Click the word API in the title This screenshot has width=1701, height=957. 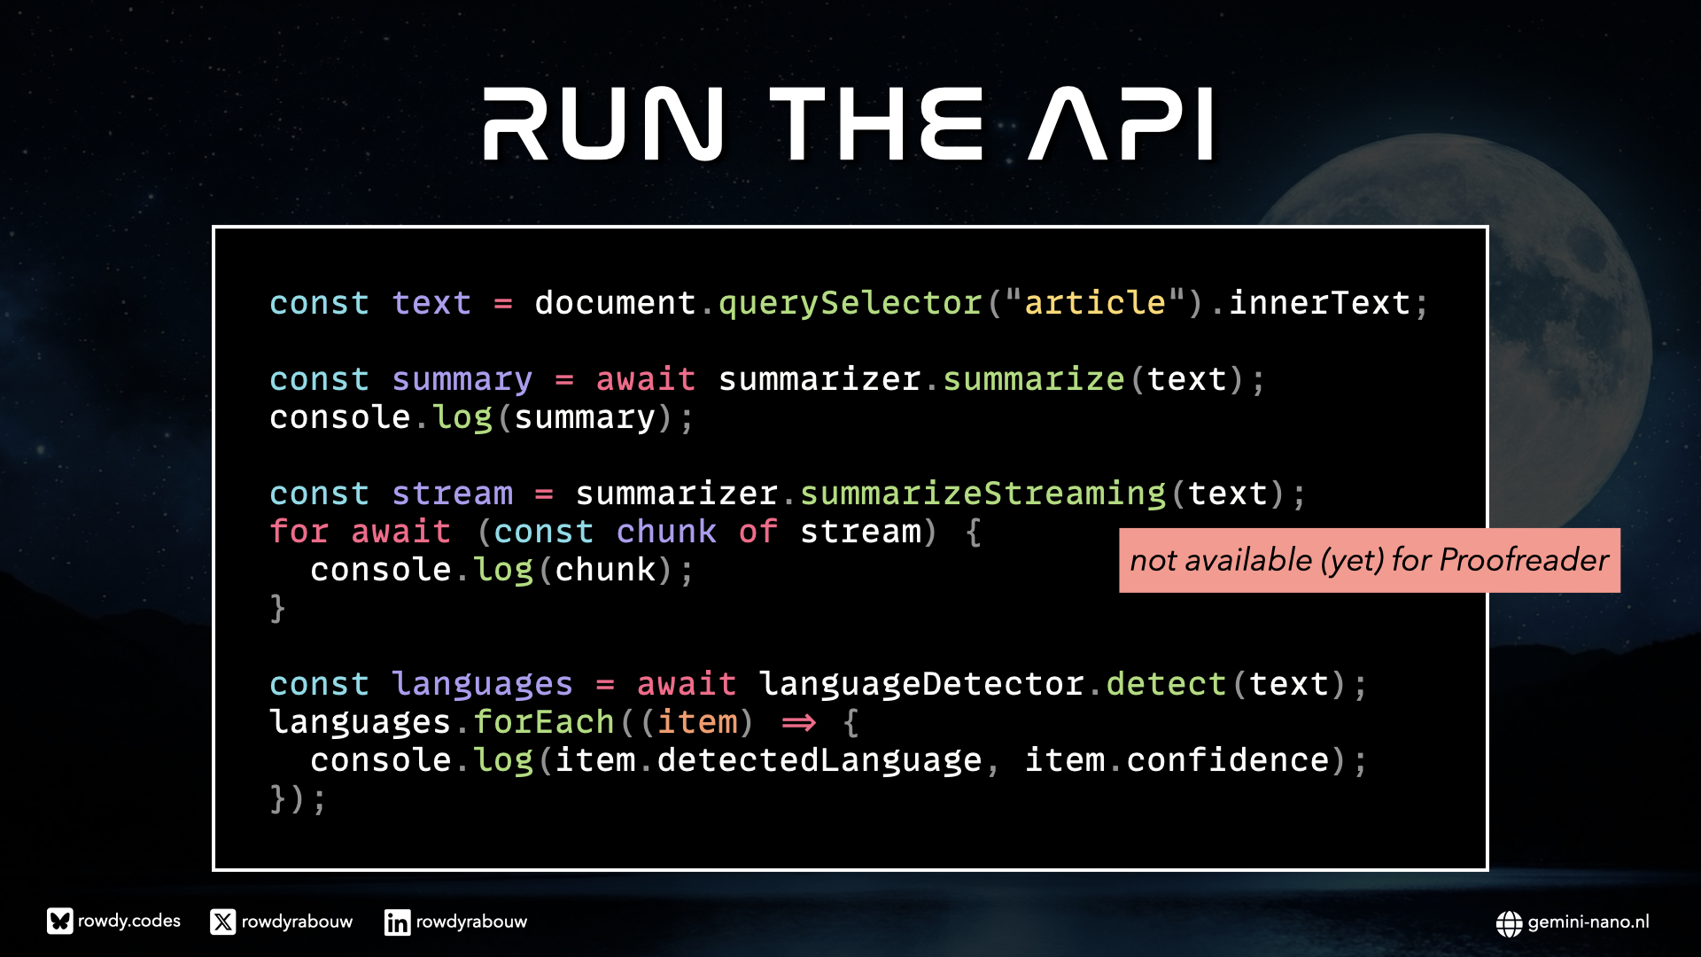1122,124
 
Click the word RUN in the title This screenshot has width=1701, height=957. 603,124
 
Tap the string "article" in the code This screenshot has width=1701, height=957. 1095,303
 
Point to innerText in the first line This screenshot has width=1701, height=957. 1319,303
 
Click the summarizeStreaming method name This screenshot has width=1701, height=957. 983,494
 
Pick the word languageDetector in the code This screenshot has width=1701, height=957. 921,684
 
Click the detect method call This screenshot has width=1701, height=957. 1166,684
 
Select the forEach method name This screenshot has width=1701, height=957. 544,722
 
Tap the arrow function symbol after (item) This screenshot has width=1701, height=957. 798,723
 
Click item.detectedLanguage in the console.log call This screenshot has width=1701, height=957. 768,760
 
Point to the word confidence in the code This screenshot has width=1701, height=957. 1228,760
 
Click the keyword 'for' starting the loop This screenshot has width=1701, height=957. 299,532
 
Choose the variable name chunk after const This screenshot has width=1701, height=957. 666,532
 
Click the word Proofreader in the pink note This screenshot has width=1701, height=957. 1524,560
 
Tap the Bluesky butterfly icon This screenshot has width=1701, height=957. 60,922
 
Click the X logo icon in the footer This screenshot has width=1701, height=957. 223,922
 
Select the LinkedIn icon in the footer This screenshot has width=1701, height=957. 397,922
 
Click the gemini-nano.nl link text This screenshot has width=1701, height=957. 1588,922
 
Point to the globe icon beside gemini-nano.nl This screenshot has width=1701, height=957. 1509,923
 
